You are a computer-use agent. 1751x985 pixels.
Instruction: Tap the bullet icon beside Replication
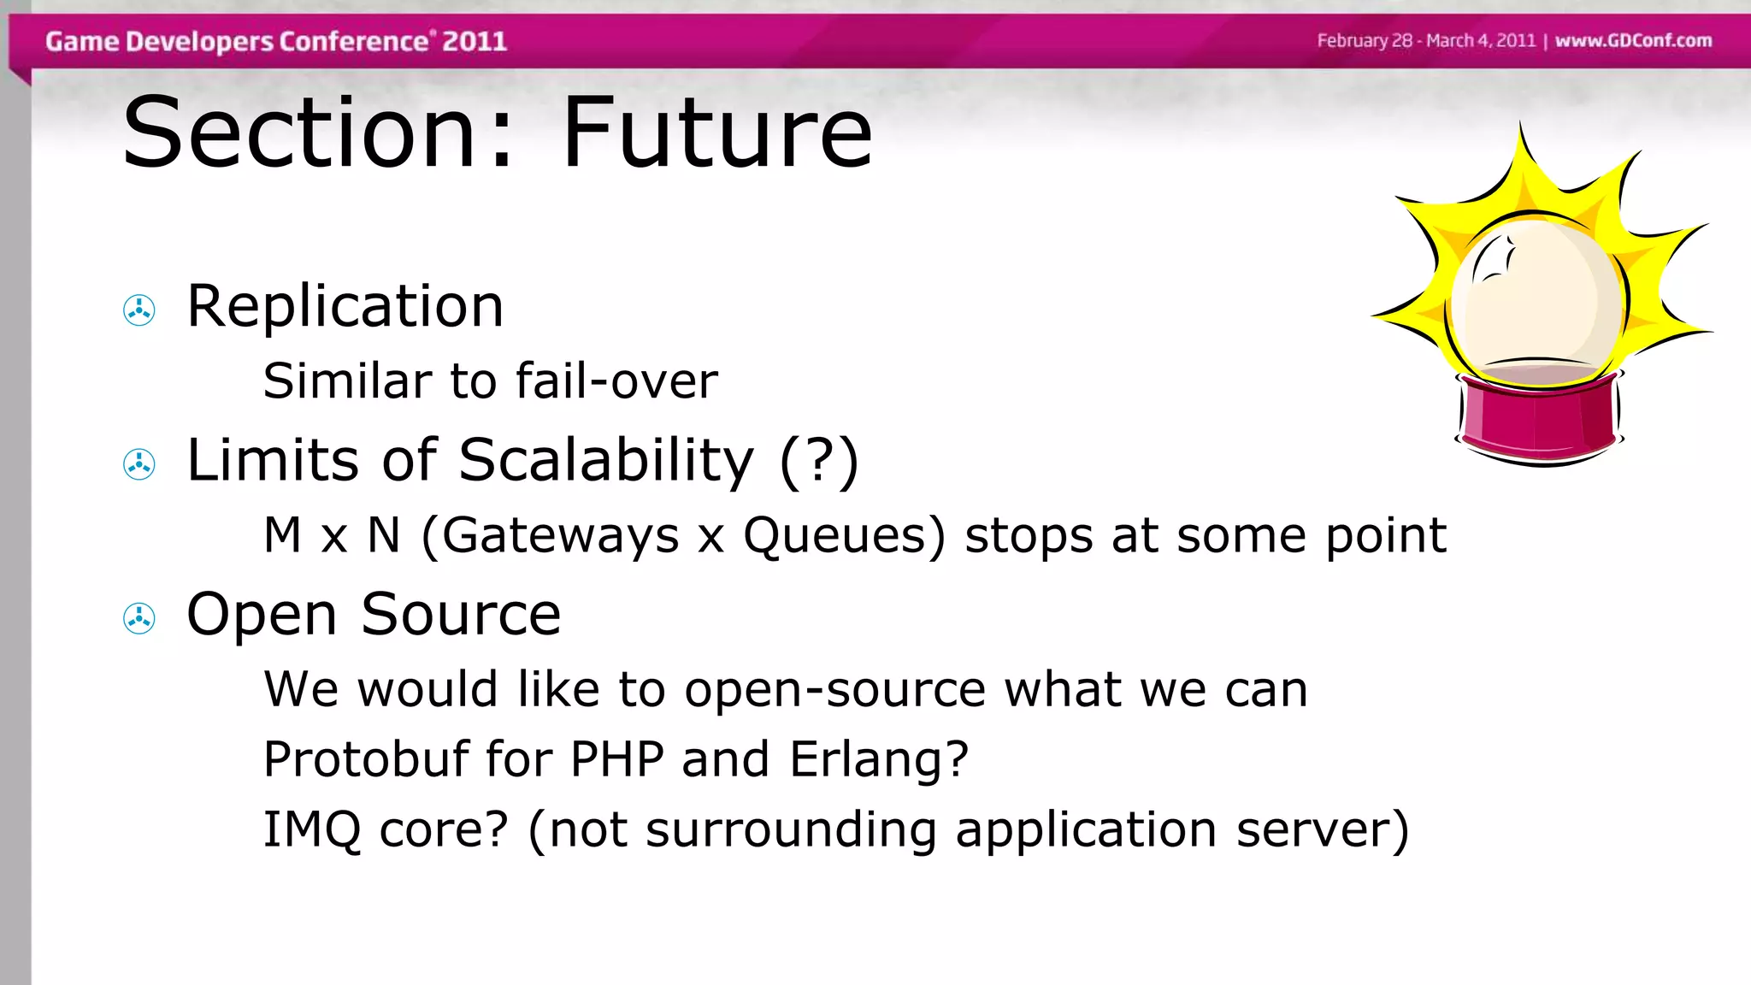point(139,310)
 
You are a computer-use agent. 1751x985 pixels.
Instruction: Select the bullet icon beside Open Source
point(139,617)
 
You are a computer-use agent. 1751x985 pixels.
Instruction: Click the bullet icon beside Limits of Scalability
point(139,463)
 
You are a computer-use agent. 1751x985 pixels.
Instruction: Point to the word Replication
point(345,306)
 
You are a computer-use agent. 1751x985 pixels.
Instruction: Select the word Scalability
point(606,461)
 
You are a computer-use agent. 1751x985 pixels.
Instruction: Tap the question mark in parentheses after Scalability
point(819,462)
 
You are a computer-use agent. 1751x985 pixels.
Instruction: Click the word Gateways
point(560,536)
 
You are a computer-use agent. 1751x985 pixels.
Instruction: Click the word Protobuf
point(366,758)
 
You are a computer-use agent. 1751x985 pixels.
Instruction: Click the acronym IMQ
point(311,829)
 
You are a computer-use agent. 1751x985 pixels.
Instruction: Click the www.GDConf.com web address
point(1633,40)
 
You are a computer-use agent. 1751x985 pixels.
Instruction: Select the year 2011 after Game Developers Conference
point(475,41)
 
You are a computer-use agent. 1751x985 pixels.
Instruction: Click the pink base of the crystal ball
point(1539,419)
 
